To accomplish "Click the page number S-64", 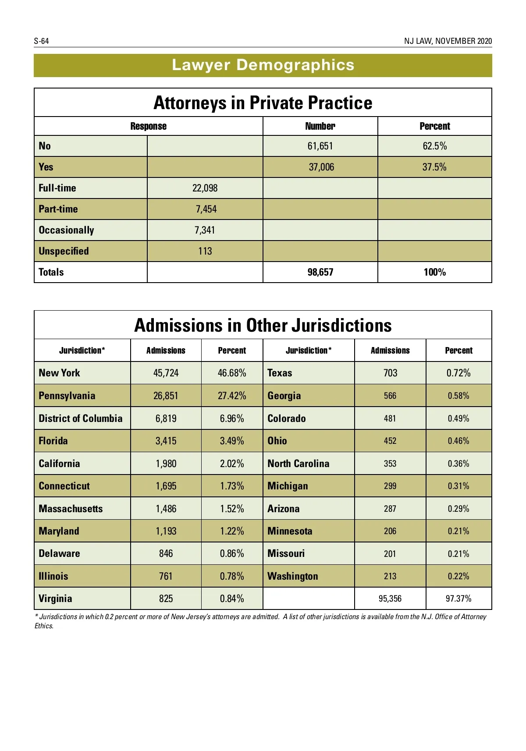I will [42, 41].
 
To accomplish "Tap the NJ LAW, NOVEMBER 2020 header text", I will [448, 41].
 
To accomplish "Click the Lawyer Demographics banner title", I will [263, 65].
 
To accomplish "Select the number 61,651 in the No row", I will [320, 146].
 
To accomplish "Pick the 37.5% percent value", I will [434, 167].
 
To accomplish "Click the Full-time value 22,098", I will [205, 188].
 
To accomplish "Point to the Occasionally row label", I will [66, 230].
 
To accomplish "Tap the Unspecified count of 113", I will [205, 251].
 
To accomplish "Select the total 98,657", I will [320, 272].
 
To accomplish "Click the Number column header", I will [320, 126].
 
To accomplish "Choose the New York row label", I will [59, 373].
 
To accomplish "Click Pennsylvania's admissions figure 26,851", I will [166, 396].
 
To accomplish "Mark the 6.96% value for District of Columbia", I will [232, 418].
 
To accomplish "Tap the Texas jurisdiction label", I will [280, 373].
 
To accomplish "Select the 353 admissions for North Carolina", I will [390, 464].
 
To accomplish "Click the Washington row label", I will [293, 576].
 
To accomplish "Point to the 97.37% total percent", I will [458, 599].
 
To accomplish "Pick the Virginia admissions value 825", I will [166, 599].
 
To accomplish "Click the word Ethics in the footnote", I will [44, 626].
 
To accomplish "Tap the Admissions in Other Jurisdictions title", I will [263, 326].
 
